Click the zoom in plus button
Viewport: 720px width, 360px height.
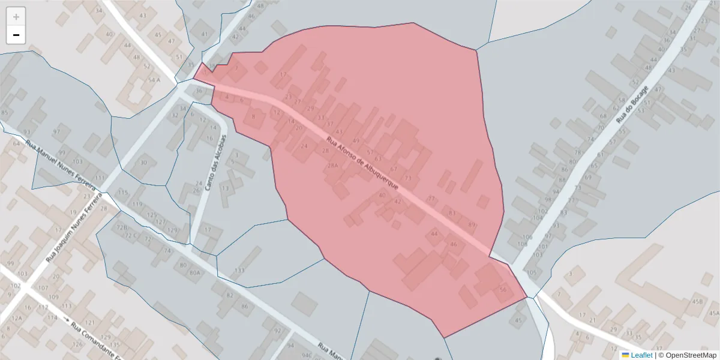click(16, 17)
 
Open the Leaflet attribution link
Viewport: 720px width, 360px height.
click(641, 355)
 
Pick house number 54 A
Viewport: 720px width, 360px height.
click(154, 80)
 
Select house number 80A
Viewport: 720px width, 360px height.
click(194, 273)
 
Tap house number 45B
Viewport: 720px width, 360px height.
click(697, 302)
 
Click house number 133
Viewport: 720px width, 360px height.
click(239, 271)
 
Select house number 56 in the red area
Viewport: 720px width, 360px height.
click(503, 290)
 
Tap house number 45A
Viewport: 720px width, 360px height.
click(713, 313)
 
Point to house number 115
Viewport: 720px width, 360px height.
click(123, 192)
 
